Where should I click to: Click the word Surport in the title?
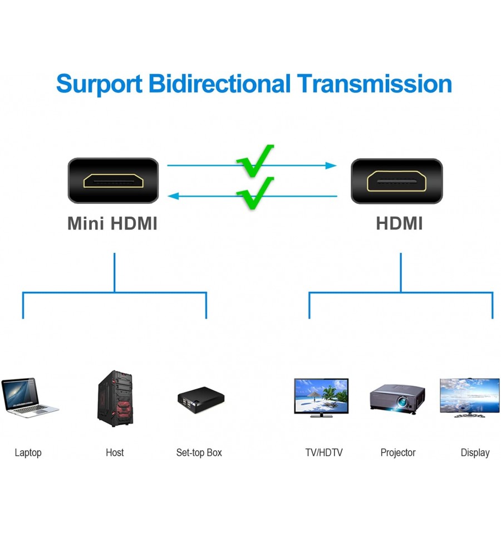click(x=99, y=84)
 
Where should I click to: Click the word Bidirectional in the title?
click(x=219, y=84)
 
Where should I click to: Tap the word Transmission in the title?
click(x=375, y=84)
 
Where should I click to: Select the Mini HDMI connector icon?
click(x=114, y=180)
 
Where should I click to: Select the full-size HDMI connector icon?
click(x=396, y=181)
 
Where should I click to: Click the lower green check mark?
click(x=256, y=193)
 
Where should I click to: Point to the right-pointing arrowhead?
click(x=331, y=165)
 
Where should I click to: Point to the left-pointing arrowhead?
click(x=173, y=196)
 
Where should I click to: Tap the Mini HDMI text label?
click(x=112, y=223)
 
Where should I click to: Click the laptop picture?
click(x=30, y=398)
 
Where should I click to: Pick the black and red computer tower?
click(x=115, y=399)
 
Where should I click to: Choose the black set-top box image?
click(x=201, y=399)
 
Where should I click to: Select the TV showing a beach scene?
click(x=321, y=398)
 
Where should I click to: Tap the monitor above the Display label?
click(x=470, y=398)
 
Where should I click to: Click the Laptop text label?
click(x=28, y=453)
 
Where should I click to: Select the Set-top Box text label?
click(x=199, y=453)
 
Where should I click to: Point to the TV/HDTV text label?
click(x=324, y=453)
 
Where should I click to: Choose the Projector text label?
click(x=398, y=453)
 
